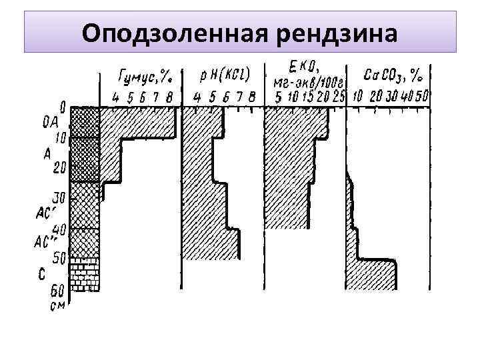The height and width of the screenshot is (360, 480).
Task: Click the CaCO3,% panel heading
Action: tap(394, 74)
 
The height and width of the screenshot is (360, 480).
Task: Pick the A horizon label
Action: tap(47, 154)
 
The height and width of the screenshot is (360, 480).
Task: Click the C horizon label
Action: tap(42, 273)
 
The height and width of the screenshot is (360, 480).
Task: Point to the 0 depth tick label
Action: tap(63, 106)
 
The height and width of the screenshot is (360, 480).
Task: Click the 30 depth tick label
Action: tap(59, 199)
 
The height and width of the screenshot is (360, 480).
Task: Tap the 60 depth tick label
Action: tap(59, 291)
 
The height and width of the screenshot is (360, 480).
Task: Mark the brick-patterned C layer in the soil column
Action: tap(85, 273)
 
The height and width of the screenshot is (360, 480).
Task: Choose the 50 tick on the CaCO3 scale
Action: tap(422, 97)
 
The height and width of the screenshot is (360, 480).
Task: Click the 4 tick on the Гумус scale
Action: tap(116, 97)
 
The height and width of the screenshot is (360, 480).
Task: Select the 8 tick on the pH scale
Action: tap(251, 97)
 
